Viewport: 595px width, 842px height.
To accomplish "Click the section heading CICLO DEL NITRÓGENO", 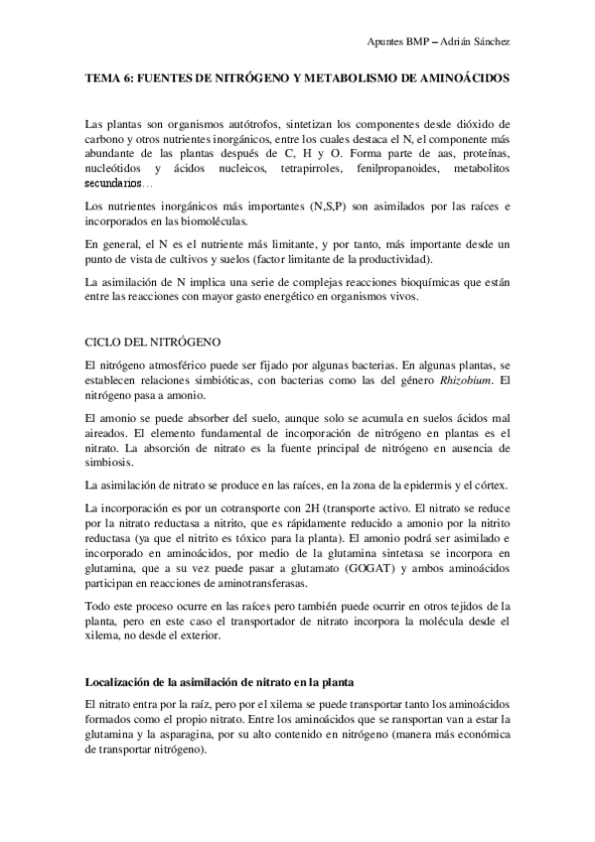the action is [x=147, y=341].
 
